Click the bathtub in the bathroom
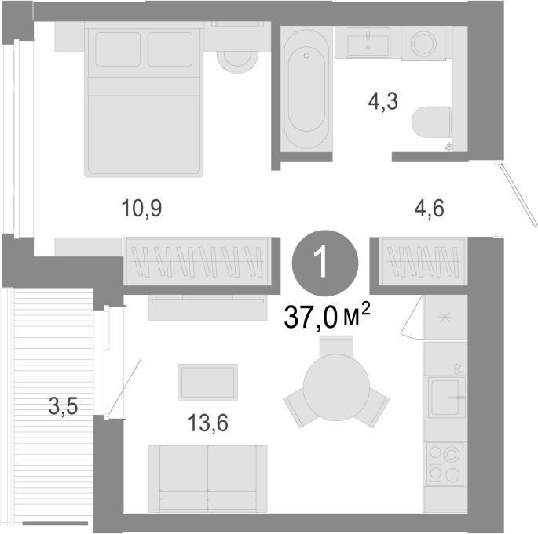click(x=306, y=89)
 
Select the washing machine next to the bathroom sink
click(x=424, y=43)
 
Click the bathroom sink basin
click(x=368, y=43)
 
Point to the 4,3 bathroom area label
click(x=383, y=102)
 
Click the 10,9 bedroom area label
click(x=141, y=209)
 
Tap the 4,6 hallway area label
click(x=430, y=209)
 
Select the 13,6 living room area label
click(x=208, y=423)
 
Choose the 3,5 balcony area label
click(x=63, y=407)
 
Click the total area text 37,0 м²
click(x=327, y=315)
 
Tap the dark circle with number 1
click(x=325, y=263)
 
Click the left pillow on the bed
click(x=118, y=49)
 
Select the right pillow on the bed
click(x=170, y=49)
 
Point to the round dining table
click(x=336, y=387)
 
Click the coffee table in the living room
click(x=207, y=382)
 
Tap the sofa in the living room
click(x=207, y=479)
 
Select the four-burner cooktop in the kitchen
click(x=445, y=464)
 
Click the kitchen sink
click(x=446, y=398)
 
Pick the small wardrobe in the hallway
click(x=423, y=262)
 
